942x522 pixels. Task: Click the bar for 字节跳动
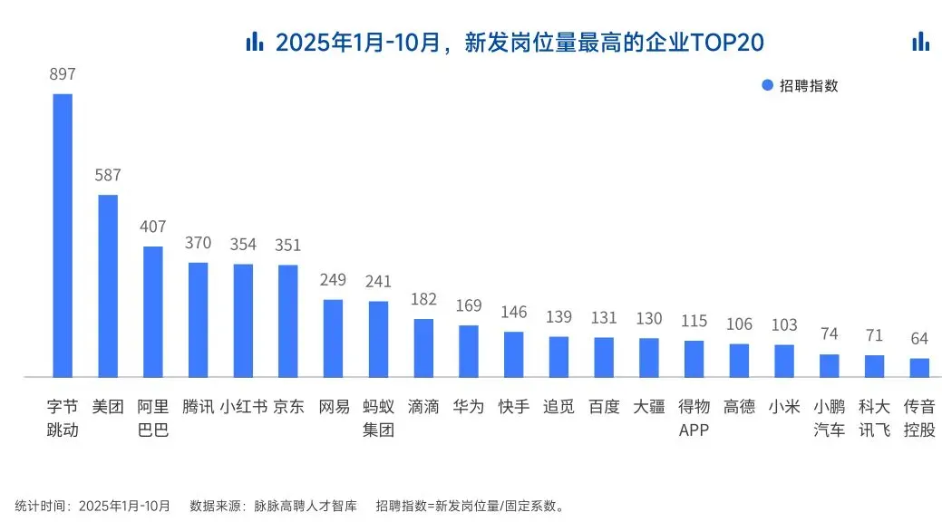pos(63,236)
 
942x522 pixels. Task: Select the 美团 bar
pos(108,285)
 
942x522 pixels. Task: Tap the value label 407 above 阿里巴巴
pos(152,227)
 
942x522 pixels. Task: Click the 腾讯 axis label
pos(198,407)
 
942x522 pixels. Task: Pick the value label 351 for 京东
pos(288,246)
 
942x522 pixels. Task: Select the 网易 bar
pos(334,337)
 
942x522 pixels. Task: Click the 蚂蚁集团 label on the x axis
pos(378,418)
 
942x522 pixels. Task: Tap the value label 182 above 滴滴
pos(423,299)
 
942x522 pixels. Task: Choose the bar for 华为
pos(469,351)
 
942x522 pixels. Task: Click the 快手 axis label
pos(514,407)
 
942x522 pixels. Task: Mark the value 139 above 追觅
pos(559,317)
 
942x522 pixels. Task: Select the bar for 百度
pos(604,356)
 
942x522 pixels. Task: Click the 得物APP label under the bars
pos(694,418)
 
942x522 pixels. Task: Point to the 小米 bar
pos(784,360)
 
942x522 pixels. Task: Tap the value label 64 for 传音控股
pos(919,339)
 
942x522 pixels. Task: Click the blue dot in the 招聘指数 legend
pos(767,85)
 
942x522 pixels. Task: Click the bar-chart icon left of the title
pos(255,41)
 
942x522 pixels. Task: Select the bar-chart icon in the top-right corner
pos(920,41)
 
